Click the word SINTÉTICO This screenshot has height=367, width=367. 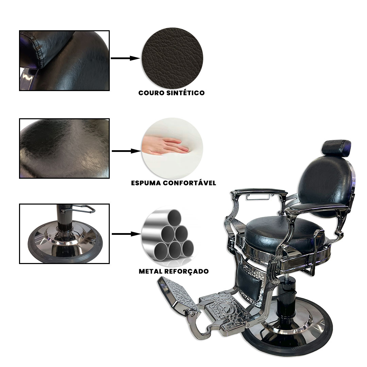pyautogui.click(x=186, y=93)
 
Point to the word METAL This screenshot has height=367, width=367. pyautogui.click(x=151, y=271)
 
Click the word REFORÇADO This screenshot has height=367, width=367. pyautogui.click(x=187, y=272)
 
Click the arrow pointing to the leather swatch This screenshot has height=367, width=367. pyautogui.click(x=125, y=58)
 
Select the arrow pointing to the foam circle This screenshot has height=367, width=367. pyautogui.click(x=126, y=151)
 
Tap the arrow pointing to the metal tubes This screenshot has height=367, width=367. pyautogui.click(x=126, y=234)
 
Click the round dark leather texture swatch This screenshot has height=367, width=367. pyautogui.click(x=172, y=58)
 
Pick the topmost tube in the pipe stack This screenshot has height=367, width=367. pyautogui.click(x=174, y=217)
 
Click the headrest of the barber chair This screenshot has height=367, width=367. pyautogui.click(x=336, y=147)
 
